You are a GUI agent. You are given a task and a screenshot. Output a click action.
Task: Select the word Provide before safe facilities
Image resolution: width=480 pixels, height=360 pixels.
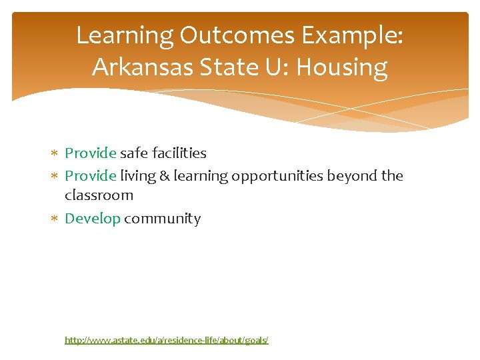tap(91, 153)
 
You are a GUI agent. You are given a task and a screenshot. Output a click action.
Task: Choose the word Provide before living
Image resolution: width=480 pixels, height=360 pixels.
tap(91, 176)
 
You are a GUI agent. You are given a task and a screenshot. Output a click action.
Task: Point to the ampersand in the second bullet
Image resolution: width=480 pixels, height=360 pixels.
tap(165, 176)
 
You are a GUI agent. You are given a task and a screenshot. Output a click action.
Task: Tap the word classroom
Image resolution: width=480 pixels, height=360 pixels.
tap(99, 195)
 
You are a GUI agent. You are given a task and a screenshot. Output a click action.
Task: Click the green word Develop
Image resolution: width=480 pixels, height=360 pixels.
tap(93, 219)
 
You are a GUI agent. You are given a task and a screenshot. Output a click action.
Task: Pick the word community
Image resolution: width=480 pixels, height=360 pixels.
tap(162, 219)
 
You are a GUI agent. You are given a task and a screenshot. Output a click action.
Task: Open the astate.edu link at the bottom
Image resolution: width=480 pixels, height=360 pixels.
tap(166, 340)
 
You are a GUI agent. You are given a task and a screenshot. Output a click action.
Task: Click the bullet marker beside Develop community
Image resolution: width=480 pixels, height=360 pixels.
tap(56, 219)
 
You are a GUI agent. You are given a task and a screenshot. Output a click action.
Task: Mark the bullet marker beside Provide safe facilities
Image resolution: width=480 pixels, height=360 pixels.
tap(56, 154)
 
